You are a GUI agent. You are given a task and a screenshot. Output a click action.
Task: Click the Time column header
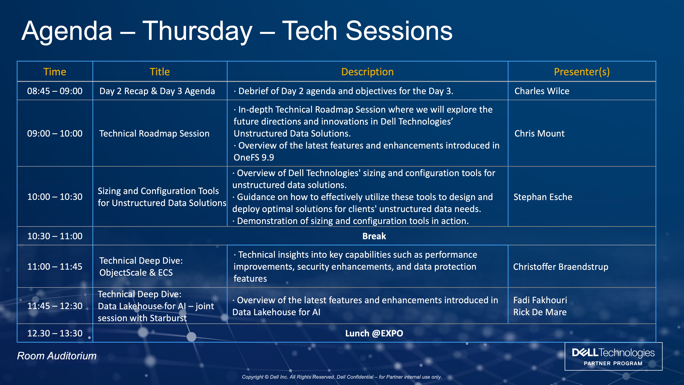coord(55,72)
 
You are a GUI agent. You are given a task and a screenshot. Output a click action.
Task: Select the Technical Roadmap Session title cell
coord(154,133)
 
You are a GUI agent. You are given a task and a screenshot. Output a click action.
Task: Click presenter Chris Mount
coord(540,133)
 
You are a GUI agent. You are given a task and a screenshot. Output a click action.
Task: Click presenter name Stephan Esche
coord(543,197)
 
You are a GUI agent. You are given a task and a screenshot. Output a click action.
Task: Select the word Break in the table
coord(374,236)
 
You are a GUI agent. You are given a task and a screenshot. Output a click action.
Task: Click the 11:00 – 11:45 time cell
coord(55,266)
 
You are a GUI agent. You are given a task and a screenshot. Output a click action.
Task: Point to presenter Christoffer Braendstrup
coord(561,267)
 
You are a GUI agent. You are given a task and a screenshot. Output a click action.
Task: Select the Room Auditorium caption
coord(57,356)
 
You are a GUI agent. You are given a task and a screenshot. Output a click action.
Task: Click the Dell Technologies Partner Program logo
coord(613,356)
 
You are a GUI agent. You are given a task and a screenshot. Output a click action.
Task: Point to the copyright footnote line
coord(342,377)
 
